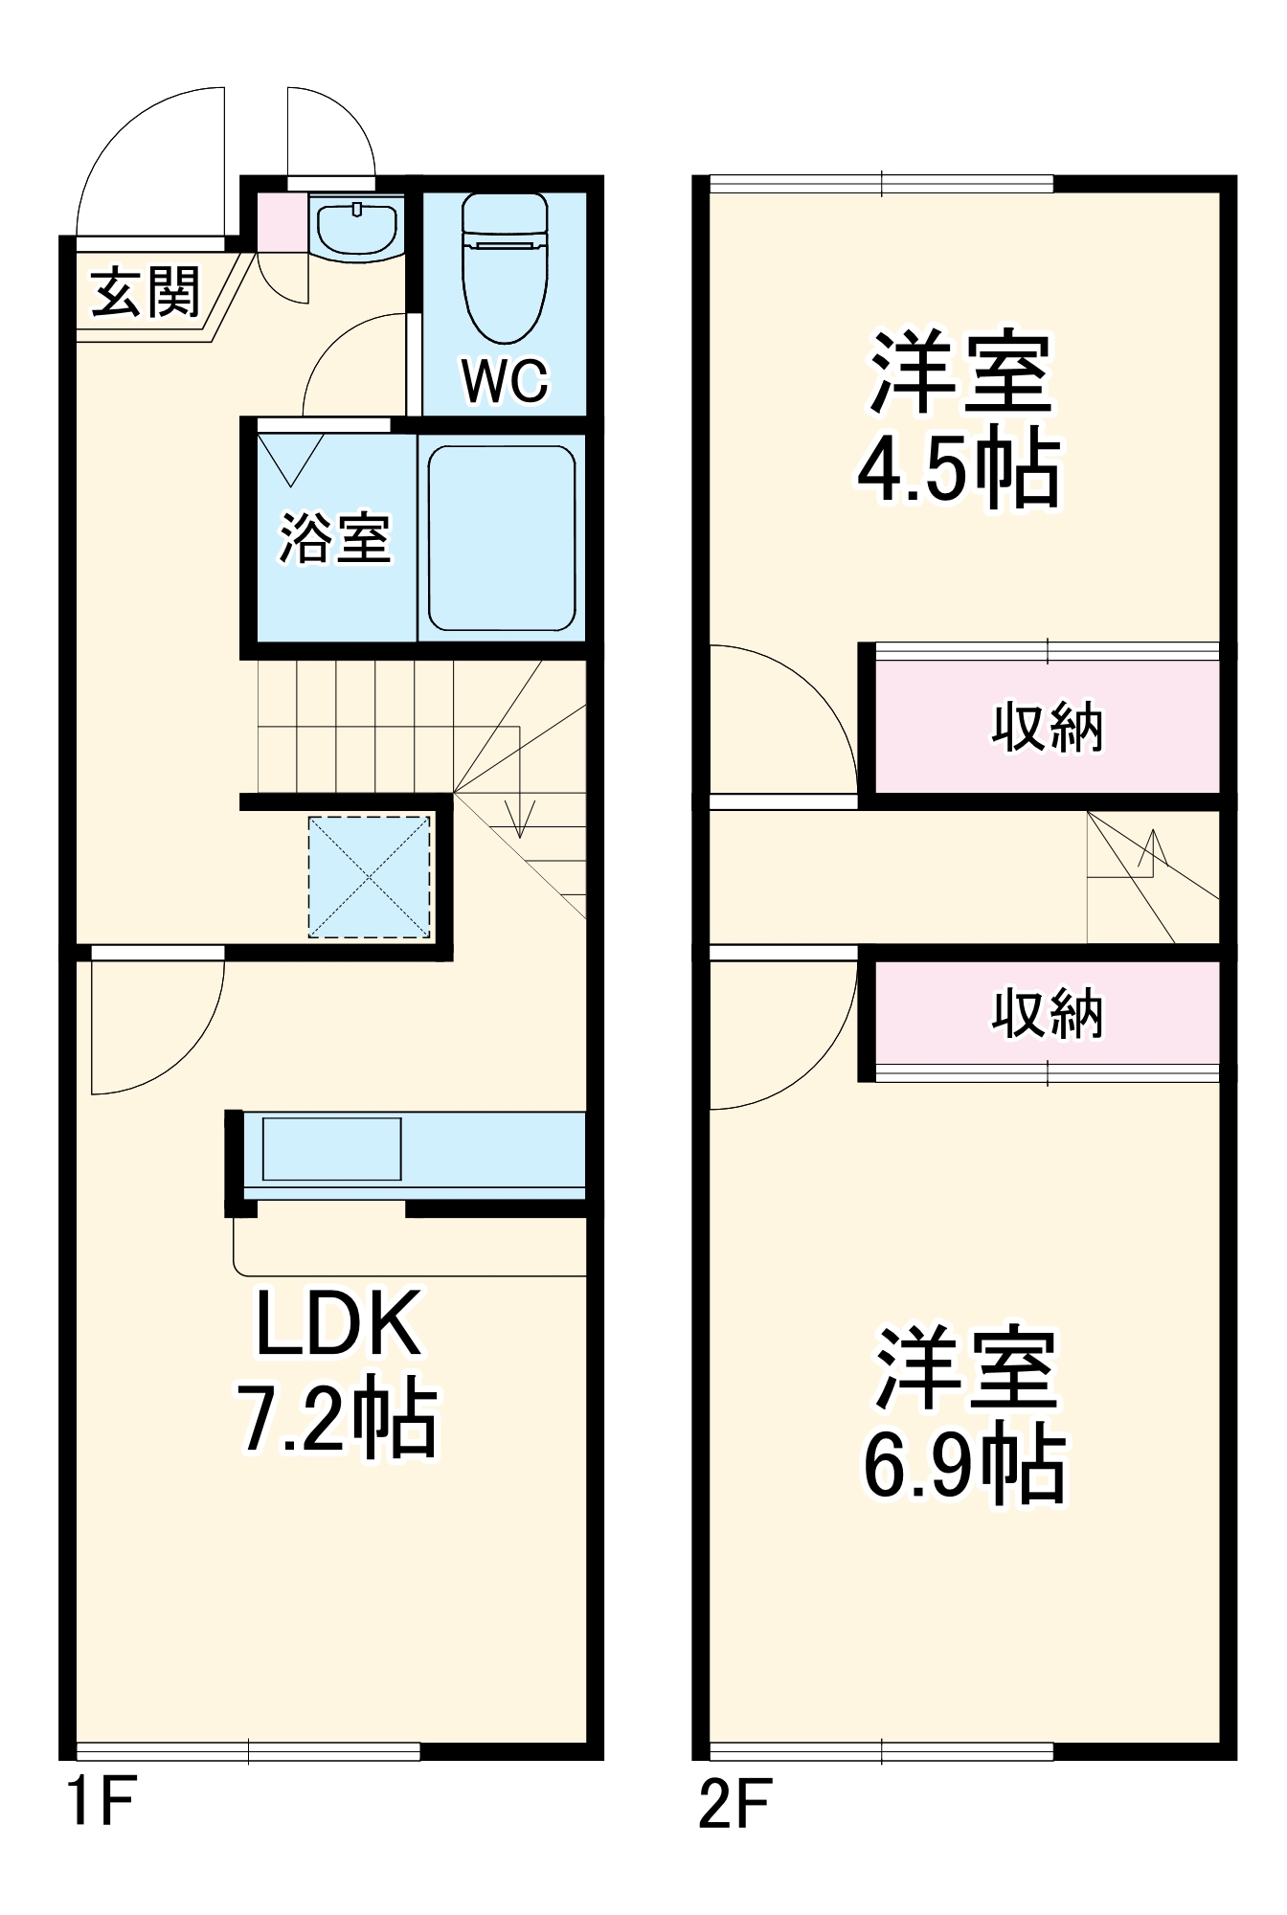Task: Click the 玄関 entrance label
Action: tap(146, 292)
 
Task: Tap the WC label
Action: tap(505, 380)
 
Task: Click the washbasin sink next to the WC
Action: tap(356, 227)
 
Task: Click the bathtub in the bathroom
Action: tap(502, 538)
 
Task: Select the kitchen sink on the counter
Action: tap(331, 1148)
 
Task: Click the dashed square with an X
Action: tap(369, 876)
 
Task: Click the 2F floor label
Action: tap(734, 1804)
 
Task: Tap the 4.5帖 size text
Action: tap(959, 469)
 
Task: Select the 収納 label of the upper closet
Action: tap(1047, 728)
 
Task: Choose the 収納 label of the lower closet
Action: tap(1047, 1013)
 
